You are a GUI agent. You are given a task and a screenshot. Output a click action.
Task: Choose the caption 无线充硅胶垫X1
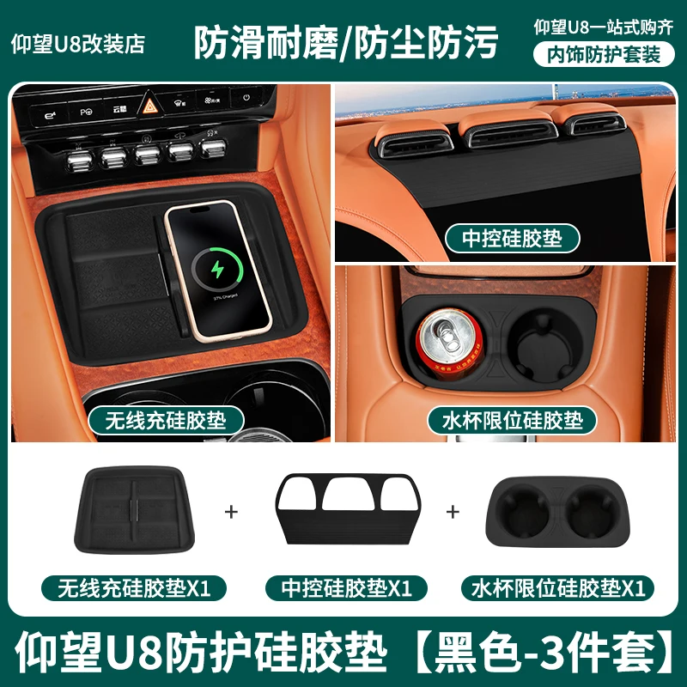(x=135, y=589)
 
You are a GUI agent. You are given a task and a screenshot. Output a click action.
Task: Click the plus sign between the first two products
(x=230, y=512)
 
